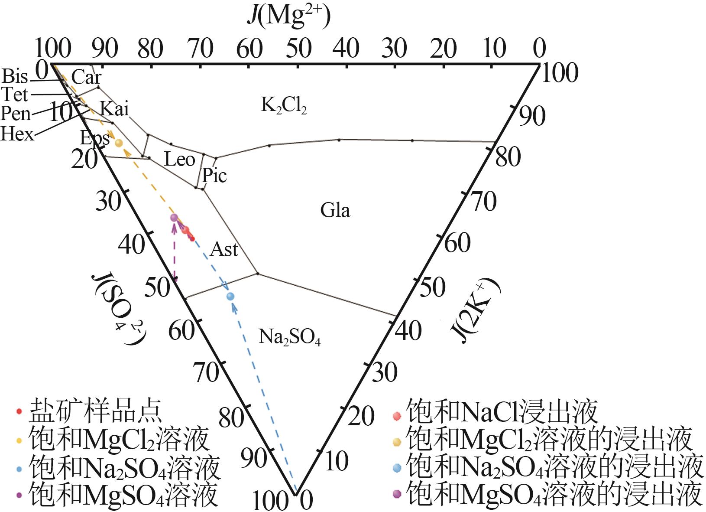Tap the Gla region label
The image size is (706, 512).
pyautogui.click(x=335, y=210)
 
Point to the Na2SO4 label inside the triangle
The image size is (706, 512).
pyautogui.click(x=289, y=337)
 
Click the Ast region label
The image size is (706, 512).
pyautogui.click(x=224, y=250)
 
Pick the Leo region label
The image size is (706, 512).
pyautogui.click(x=179, y=160)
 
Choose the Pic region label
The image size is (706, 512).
pyautogui.click(x=214, y=176)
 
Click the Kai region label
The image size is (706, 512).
pyautogui.click(x=114, y=109)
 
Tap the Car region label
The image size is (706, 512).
pyautogui.click(x=86, y=77)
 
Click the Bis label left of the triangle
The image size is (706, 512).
pyautogui.click(x=15, y=76)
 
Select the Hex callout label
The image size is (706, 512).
pyautogui.click(x=17, y=134)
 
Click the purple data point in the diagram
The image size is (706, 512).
pyautogui.click(x=174, y=218)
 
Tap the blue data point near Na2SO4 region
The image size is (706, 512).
pyautogui.click(x=230, y=296)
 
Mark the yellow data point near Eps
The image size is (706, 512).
pyautogui.click(x=119, y=142)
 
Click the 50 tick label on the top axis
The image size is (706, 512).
pyautogui.click(x=298, y=49)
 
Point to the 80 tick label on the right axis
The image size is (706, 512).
pyautogui.click(x=508, y=157)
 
